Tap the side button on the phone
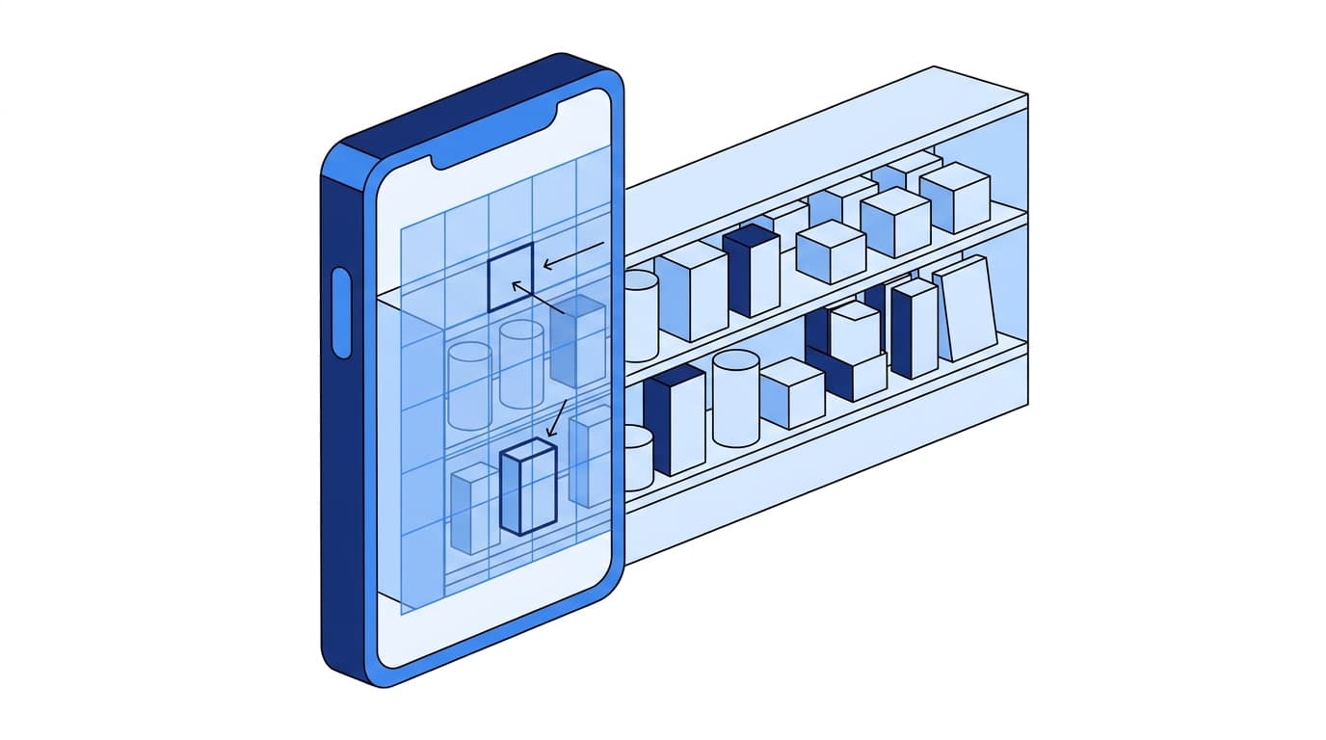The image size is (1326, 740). point(341,313)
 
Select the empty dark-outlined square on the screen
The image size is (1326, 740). point(510,277)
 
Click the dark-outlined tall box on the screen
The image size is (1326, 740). point(528,487)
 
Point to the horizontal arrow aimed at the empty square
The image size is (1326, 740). point(573,256)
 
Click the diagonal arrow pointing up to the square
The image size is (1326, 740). point(539,298)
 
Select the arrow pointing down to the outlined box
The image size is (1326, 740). point(556,418)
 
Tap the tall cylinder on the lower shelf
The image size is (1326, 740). point(735,398)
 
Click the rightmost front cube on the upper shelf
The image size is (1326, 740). point(954,197)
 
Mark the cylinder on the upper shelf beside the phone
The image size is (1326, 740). point(641,315)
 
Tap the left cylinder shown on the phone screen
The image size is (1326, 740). point(470,385)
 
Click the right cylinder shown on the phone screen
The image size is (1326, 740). point(521,363)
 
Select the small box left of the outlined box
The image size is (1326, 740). point(475,507)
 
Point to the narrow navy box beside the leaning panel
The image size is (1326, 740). point(914,328)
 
